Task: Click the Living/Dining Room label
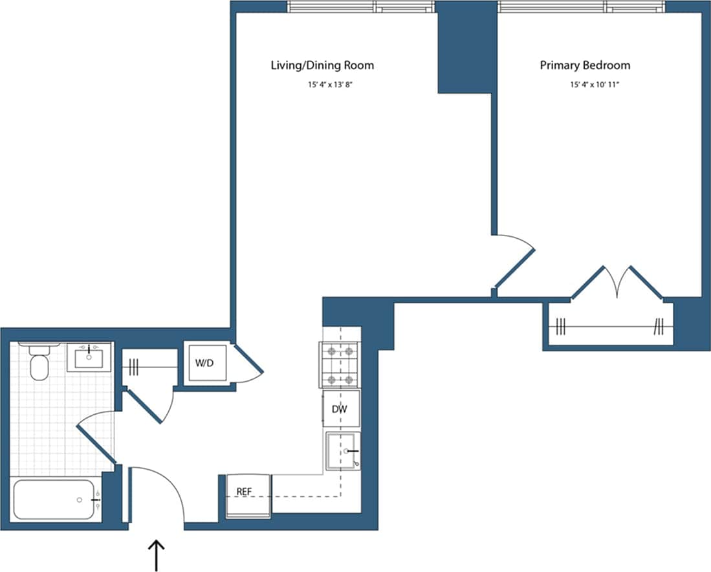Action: [x=322, y=65]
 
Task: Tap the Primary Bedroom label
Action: [x=585, y=65]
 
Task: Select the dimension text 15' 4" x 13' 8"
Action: [x=322, y=84]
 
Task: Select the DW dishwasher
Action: [x=341, y=409]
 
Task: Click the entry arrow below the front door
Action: [x=157, y=555]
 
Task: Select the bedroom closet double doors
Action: [x=617, y=282]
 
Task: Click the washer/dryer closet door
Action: [x=248, y=362]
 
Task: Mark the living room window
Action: [x=360, y=6]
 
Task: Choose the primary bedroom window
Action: [x=580, y=6]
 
